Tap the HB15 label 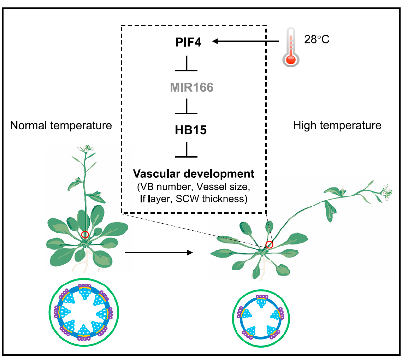point(191,130)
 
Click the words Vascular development point(193,173)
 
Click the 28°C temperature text point(317,39)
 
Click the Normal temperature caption point(61,125)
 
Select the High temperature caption point(337,125)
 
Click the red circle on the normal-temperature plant point(85,235)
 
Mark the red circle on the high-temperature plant point(269,244)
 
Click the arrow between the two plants point(159,252)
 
